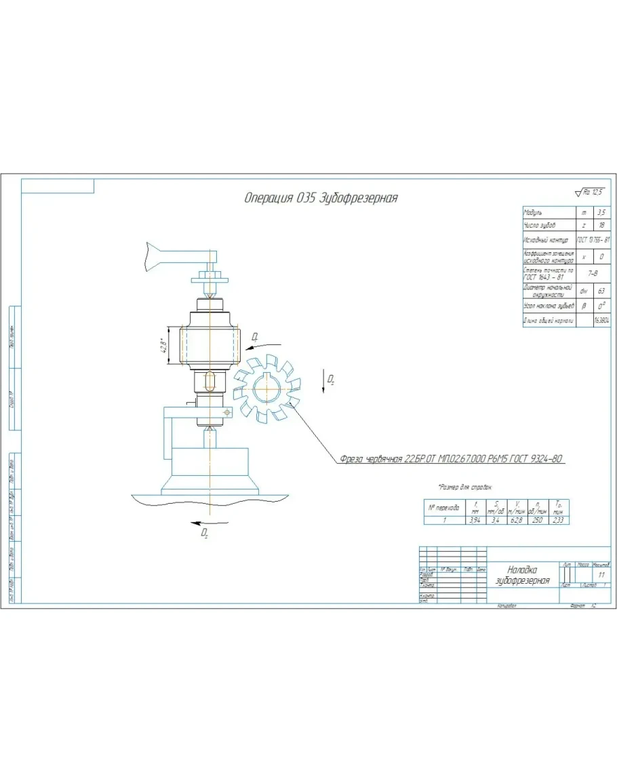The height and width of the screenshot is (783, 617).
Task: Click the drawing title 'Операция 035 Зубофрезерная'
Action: point(320,198)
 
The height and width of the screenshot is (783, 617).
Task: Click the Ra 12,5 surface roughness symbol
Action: point(589,192)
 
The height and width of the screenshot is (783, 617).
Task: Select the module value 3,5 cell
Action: point(601,213)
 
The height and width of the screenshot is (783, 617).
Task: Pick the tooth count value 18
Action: point(601,225)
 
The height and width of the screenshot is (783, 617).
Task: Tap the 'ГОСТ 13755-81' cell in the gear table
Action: point(593,240)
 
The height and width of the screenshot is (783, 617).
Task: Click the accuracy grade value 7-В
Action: point(593,273)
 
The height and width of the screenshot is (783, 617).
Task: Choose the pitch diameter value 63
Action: point(601,290)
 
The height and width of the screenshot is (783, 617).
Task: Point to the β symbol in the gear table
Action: point(583,306)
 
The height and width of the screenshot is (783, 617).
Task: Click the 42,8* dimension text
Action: point(163,346)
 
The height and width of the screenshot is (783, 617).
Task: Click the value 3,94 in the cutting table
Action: point(474,520)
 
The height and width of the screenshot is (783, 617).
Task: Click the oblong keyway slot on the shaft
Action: point(210,381)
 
